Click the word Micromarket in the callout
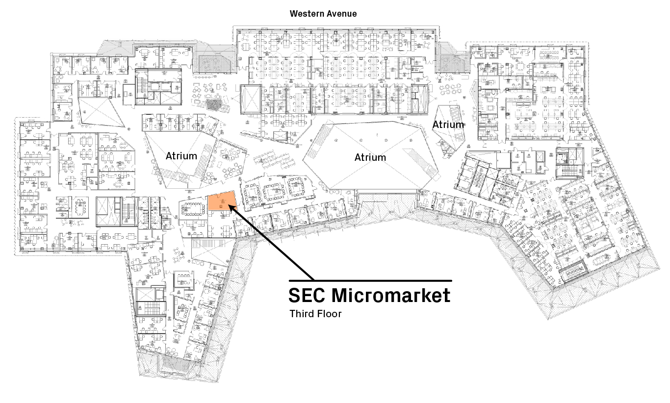coord(391,296)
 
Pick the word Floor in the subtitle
coord(329,313)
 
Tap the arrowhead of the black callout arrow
coord(231,210)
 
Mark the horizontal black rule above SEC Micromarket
coord(370,280)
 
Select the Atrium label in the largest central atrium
coord(370,157)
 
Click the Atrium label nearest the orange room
coord(181,156)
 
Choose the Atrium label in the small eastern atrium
coord(448,125)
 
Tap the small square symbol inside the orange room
coord(220,207)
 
